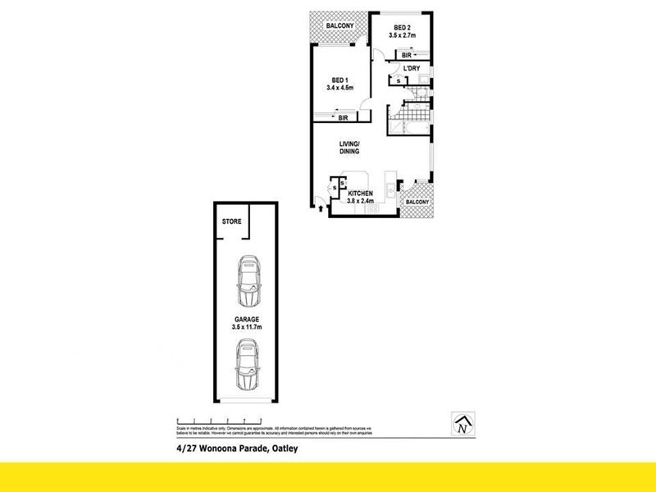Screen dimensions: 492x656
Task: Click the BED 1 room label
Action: coord(339,80)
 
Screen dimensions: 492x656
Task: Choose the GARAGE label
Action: coord(246,319)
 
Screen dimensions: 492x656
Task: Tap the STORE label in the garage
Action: coord(231,222)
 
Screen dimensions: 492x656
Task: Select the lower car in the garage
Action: coord(248,365)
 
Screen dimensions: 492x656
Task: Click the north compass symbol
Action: coord(464,424)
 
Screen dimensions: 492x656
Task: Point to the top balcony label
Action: coord(339,26)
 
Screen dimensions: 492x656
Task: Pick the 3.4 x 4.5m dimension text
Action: coord(339,88)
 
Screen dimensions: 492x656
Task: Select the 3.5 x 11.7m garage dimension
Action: coord(247,328)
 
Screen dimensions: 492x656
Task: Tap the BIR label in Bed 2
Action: coord(406,55)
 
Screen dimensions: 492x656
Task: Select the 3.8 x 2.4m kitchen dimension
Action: coord(362,201)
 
